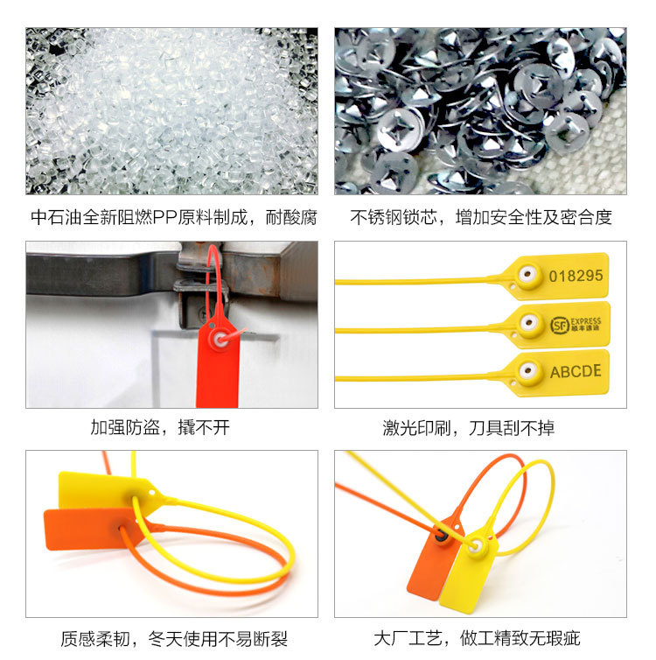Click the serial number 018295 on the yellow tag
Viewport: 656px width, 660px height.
(x=576, y=276)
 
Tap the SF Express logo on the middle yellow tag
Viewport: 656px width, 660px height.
(x=576, y=325)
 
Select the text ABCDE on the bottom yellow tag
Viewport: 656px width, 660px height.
(x=576, y=372)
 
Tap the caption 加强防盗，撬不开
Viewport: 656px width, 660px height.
(x=160, y=428)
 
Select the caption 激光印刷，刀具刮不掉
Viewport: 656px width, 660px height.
(x=469, y=428)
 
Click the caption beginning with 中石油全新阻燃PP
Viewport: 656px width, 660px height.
(x=174, y=218)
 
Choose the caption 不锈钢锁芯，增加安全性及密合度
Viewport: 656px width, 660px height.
(x=481, y=218)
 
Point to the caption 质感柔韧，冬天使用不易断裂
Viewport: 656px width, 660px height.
(x=174, y=639)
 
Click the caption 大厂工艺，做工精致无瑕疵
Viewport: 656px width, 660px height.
(x=477, y=638)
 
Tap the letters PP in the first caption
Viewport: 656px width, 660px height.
(x=164, y=218)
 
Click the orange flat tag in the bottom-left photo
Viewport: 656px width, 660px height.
(x=90, y=529)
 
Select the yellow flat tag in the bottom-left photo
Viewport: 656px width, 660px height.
(x=105, y=490)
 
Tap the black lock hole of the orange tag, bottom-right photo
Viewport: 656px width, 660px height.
(x=441, y=537)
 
